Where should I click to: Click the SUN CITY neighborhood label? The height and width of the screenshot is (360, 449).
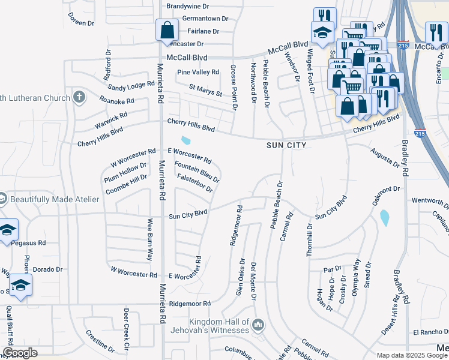tap(287, 145)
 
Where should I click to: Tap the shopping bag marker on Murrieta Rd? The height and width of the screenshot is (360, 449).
tap(166, 30)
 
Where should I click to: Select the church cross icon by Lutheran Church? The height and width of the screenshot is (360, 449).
tap(79, 97)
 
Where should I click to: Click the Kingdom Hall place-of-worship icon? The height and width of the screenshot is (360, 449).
tap(258, 325)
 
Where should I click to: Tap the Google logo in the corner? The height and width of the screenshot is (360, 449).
tap(20, 353)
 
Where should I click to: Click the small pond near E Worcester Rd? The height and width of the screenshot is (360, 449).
tap(186, 140)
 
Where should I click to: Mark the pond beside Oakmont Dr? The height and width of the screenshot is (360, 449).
tap(384, 218)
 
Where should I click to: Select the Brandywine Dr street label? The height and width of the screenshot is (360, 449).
tap(187, 5)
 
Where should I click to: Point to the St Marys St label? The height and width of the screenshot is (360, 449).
tap(205, 90)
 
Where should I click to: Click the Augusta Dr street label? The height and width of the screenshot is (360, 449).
tap(384, 158)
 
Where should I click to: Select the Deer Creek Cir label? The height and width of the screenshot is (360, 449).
tap(127, 330)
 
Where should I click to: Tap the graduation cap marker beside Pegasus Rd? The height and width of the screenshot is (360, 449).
tap(7, 229)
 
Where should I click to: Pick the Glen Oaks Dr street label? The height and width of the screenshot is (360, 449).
tap(240, 278)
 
